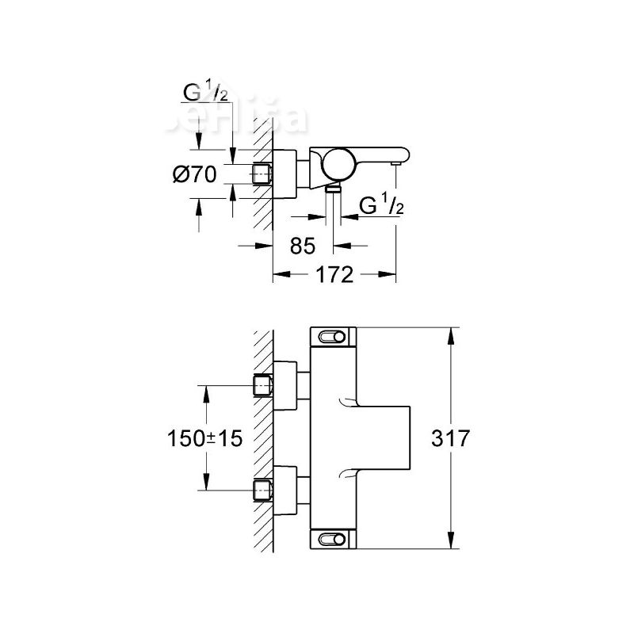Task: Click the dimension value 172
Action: click(334, 275)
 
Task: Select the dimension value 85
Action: click(303, 246)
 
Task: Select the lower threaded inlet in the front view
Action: click(262, 488)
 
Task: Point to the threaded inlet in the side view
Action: click(262, 174)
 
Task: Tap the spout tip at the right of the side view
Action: click(394, 162)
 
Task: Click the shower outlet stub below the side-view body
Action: click(334, 189)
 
